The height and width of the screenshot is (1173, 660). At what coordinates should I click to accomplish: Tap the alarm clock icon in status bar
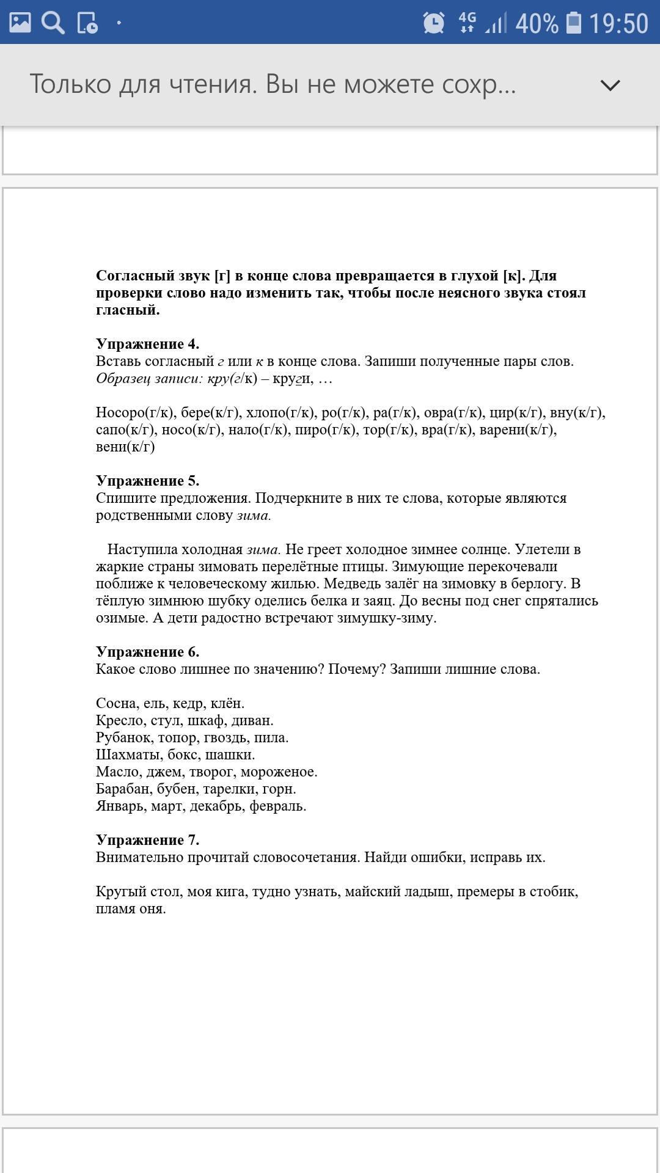(434, 23)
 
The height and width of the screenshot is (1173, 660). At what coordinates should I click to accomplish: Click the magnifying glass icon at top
(53, 23)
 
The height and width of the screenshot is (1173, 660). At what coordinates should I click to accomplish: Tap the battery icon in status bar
(573, 23)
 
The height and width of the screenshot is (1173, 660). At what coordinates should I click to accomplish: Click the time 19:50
(618, 24)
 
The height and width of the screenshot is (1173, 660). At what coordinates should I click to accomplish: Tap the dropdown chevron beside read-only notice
(610, 85)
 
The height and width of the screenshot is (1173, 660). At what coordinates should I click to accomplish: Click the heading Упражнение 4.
(147, 344)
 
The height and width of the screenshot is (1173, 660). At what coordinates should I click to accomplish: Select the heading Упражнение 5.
(147, 481)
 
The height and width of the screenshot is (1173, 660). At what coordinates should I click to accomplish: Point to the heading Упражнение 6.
(147, 652)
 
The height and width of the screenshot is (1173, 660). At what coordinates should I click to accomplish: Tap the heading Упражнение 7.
(147, 840)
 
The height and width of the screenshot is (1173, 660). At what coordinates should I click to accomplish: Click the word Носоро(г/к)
(135, 412)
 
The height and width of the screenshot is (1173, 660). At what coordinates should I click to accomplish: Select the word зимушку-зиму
(386, 618)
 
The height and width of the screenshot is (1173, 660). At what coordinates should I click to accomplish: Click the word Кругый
(120, 892)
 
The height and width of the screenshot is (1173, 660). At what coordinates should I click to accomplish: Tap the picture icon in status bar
(20, 23)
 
